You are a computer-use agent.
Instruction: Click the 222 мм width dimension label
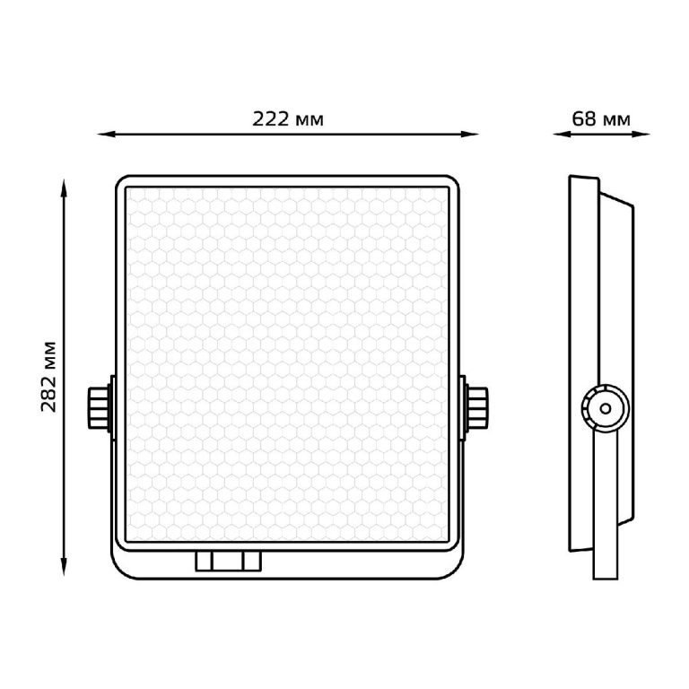coord(288,119)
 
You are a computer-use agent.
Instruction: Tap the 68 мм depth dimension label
coord(601,119)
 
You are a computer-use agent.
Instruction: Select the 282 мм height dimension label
coord(48,376)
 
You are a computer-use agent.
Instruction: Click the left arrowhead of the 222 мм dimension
coord(106,134)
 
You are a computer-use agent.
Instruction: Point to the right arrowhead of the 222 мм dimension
coord(469,134)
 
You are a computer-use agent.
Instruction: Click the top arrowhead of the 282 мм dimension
coord(64,188)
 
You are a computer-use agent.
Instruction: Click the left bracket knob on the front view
coord(99,408)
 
